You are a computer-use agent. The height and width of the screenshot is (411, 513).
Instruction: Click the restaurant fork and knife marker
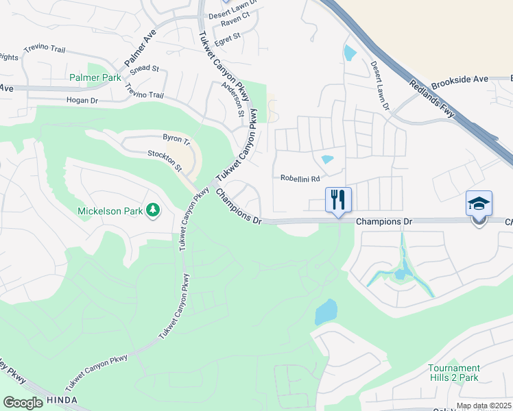coord(338,200)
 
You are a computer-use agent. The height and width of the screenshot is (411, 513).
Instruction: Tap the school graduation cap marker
coord(479,203)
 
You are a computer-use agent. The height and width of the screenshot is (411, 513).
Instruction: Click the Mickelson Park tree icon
coord(154,210)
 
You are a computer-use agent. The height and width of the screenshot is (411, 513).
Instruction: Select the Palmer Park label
coord(95,77)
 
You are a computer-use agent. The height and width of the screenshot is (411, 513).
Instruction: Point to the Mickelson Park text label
coord(110,211)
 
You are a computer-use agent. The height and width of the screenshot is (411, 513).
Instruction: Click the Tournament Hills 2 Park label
coord(454,373)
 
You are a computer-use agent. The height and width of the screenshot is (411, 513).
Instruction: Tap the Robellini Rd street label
coord(300,178)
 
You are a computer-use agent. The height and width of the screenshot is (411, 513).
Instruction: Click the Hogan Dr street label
coord(82,100)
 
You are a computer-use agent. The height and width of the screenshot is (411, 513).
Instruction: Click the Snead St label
coord(144,69)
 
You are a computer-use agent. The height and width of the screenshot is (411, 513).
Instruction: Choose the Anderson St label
coord(235,99)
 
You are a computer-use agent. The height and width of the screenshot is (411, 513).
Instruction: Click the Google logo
coord(23,402)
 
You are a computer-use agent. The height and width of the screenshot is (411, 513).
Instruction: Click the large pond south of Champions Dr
coord(326,312)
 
